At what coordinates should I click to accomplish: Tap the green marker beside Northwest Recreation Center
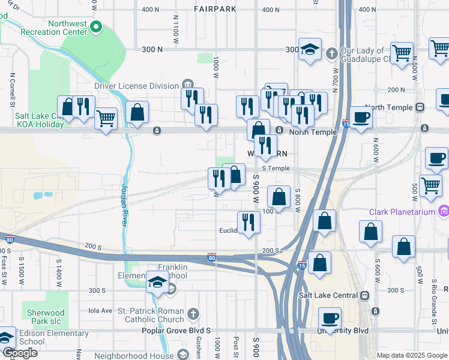click(x=100, y=27)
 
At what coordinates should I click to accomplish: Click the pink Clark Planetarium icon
click(x=444, y=211)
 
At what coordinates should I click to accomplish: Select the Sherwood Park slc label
click(x=46, y=317)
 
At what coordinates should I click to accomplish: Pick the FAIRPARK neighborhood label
click(x=215, y=9)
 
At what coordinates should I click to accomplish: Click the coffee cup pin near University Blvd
click(x=330, y=318)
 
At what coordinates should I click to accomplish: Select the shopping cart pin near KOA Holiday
click(x=106, y=118)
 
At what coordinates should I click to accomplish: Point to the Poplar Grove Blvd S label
click(x=176, y=331)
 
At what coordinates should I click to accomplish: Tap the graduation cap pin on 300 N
click(x=310, y=50)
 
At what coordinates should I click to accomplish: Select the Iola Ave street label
click(x=100, y=310)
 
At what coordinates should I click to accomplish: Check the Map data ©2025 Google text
click(x=412, y=355)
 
